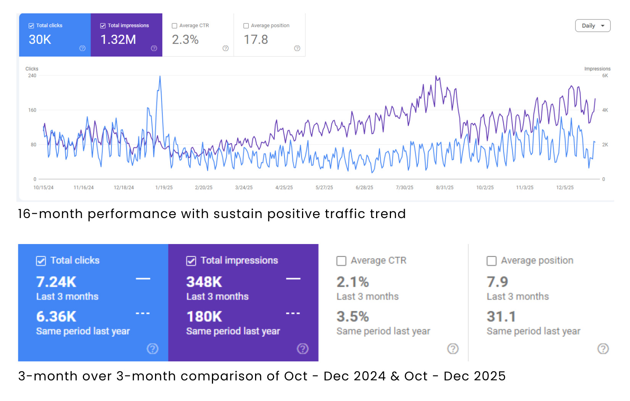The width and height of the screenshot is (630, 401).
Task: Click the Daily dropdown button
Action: click(593, 26)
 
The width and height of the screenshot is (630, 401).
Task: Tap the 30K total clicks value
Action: click(40, 40)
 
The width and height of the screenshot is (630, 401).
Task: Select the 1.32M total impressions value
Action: click(118, 40)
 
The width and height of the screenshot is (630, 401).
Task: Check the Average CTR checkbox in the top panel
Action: click(174, 26)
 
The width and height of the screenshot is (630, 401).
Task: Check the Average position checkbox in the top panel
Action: click(246, 26)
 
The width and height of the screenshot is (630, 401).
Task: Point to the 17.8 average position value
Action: click(256, 40)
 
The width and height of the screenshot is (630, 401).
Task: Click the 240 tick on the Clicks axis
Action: click(32, 76)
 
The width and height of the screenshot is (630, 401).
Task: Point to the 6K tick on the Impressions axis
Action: click(605, 76)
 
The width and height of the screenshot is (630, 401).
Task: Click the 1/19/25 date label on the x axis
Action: click(164, 188)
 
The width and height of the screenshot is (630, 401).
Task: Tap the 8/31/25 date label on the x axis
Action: click(445, 188)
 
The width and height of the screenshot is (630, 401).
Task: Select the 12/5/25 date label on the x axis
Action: click(565, 188)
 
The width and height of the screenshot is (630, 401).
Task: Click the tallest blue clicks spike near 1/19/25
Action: click(160, 77)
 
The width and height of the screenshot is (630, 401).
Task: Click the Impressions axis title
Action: click(597, 69)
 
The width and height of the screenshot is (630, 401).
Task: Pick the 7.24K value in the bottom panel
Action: click(56, 282)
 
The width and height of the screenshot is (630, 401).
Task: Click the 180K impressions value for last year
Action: click(204, 317)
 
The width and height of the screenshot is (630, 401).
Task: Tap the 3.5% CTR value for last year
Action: click(352, 317)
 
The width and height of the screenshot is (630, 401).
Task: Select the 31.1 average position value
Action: click(501, 317)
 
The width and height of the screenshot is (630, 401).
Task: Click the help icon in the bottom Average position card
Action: click(603, 349)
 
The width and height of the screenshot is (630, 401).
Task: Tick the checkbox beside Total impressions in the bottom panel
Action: click(191, 261)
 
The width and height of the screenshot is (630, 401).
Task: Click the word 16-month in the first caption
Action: click(50, 214)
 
